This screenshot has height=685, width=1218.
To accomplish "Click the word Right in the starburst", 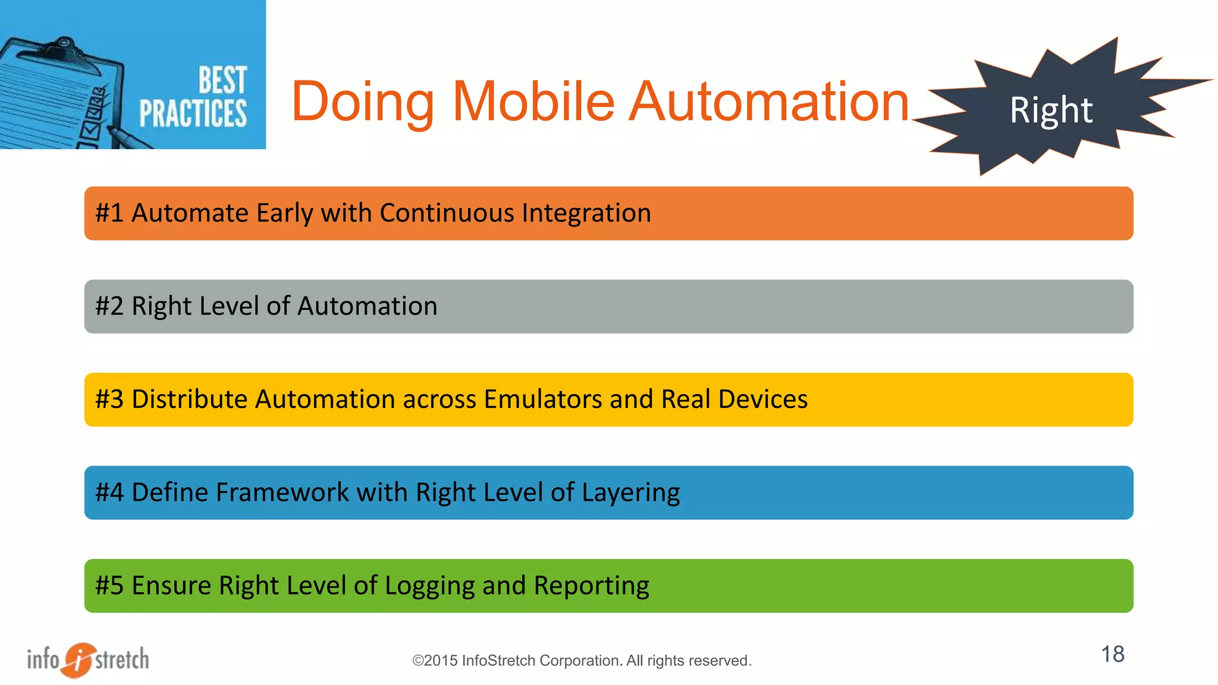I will coord(1050,111).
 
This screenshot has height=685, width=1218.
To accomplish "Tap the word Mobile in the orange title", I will coord(533,102).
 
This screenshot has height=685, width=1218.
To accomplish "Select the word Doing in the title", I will coord(363,102).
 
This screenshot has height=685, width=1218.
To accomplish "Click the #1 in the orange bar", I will coord(109,213).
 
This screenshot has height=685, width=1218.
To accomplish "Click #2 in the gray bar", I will coord(109,306).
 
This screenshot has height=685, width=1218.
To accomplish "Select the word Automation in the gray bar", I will coord(367,306).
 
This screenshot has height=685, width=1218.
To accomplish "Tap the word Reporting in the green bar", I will coord(591,586).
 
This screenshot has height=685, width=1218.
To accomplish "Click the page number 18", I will coord(1112,654).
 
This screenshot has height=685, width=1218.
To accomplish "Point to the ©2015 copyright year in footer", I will coord(435,661).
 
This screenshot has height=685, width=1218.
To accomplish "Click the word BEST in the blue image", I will coord(222,80).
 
